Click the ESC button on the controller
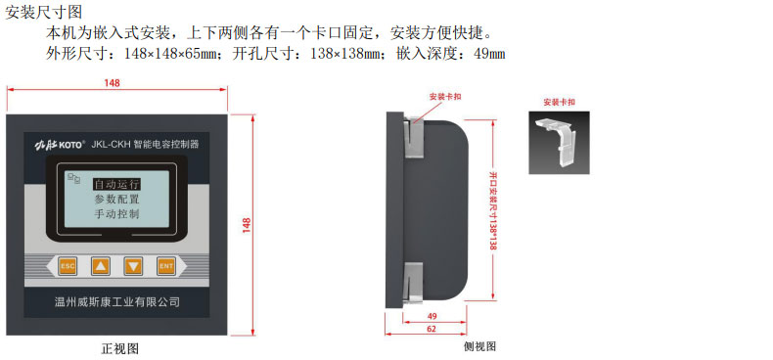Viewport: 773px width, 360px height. click(68, 267)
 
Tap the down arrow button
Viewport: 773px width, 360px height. click(133, 267)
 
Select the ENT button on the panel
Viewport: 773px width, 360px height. click(166, 267)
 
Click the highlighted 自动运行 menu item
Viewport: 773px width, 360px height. click(116, 185)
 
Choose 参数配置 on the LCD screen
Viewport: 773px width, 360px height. click(116, 200)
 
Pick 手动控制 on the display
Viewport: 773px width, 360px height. click(116, 214)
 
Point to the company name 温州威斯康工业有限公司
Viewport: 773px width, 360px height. click(116, 302)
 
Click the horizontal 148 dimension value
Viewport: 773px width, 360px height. click(112, 83)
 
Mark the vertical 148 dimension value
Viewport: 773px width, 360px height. click(247, 225)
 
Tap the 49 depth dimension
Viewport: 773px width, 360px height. click(432, 316)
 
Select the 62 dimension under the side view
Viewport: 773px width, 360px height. click(432, 329)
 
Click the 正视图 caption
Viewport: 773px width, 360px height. click(119, 348)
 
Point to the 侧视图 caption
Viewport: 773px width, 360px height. click(479, 346)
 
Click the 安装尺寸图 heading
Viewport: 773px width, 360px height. click(43, 12)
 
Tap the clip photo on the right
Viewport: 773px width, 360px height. click(559, 143)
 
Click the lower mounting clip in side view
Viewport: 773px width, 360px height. click(413, 282)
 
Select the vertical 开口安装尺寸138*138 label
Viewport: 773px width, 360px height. click(492, 210)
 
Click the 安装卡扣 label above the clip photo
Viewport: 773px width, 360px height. click(559, 102)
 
